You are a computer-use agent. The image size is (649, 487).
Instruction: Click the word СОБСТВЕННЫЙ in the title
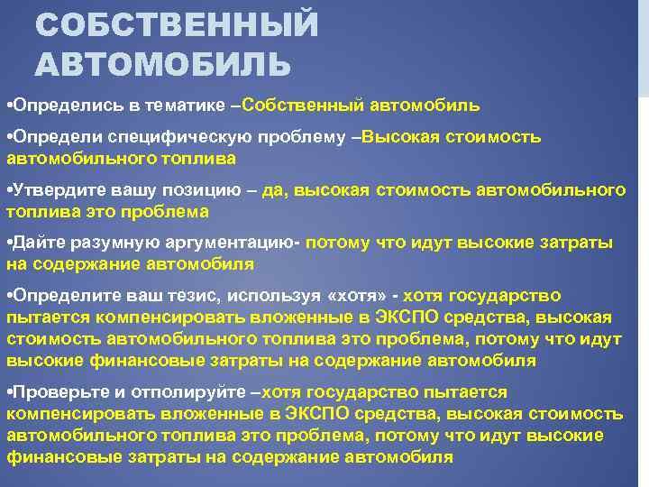pyautogui.click(x=177, y=24)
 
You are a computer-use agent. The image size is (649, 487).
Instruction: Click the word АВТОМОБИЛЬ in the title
pyautogui.click(x=163, y=65)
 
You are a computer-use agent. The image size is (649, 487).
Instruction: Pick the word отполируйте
pyautogui.click(x=177, y=392)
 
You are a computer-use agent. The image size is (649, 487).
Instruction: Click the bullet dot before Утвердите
pyautogui.click(x=8, y=190)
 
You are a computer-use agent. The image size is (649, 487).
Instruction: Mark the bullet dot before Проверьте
pyautogui.click(x=8, y=392)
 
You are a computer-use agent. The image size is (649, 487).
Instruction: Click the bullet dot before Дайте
pyautogui.click(x=8, y=243)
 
